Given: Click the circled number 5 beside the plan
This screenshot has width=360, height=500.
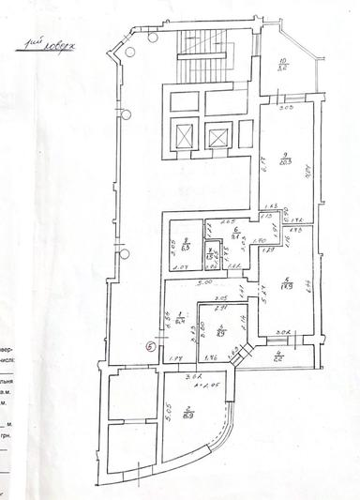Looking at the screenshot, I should tap(151, 345).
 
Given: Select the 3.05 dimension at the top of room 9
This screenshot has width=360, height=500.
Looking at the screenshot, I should tap(288, 109).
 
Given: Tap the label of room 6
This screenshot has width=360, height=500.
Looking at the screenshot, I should tap(236, 233).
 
